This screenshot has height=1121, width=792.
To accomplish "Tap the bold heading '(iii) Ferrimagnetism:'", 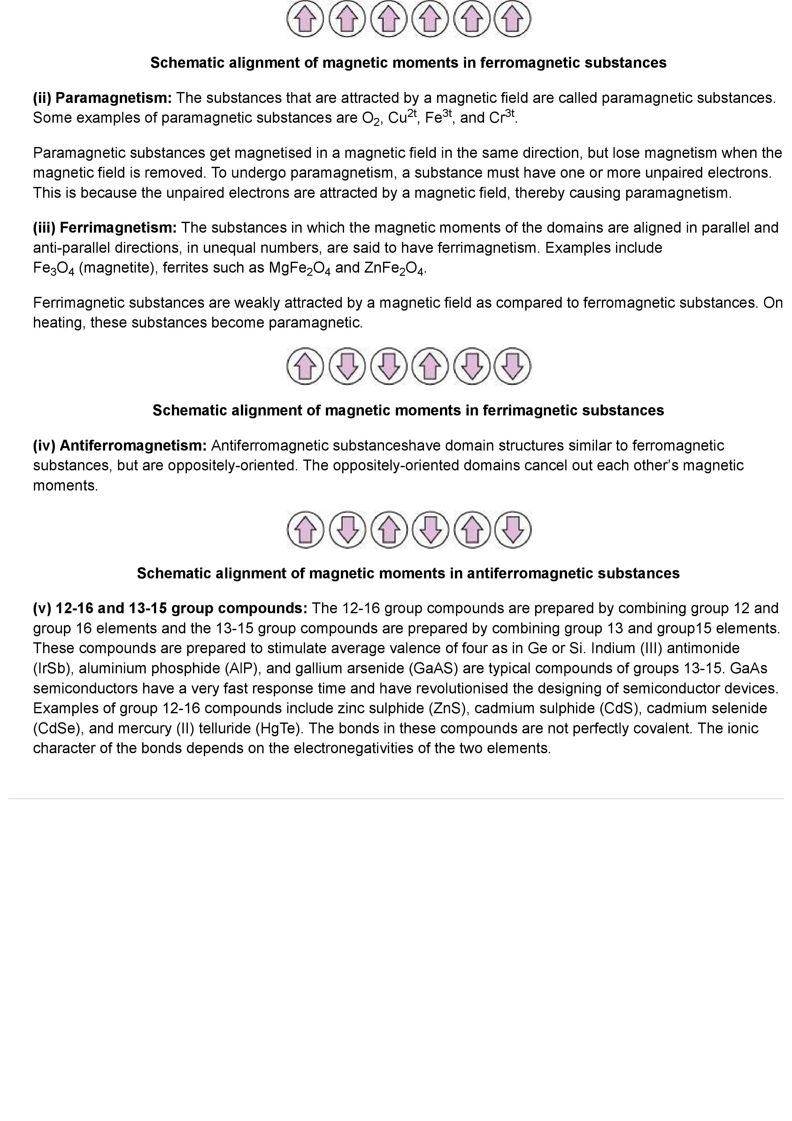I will click(104, 228).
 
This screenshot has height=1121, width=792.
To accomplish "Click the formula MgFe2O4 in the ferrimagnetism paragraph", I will click(300, 268).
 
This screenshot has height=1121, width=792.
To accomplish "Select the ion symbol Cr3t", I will click(502, 118).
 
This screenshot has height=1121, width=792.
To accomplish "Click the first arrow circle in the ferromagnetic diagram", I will click(305, 19).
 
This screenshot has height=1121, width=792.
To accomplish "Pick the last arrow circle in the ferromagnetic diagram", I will click(512, 19).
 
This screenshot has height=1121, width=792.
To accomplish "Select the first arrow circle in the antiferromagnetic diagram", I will click(305, 530).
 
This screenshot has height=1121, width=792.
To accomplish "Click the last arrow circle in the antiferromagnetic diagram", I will click(512, 530).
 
